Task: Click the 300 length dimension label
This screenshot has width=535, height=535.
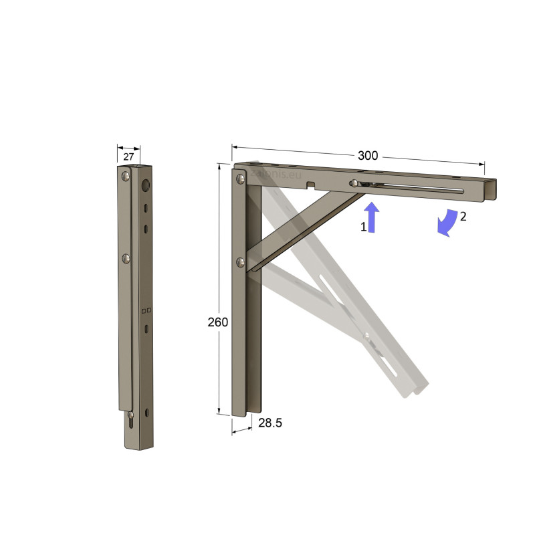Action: pos(368,156)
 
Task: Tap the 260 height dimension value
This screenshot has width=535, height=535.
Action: pos(217,322)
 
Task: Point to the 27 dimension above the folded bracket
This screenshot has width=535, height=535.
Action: pos(128,157)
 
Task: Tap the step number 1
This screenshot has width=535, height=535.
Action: pos(364,227)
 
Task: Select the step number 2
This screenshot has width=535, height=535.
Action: pos(463,216)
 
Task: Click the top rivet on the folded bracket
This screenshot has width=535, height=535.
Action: pos(125,177)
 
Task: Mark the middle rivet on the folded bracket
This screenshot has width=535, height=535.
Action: pos(125,257)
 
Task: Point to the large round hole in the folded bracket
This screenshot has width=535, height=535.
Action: pos(146,184)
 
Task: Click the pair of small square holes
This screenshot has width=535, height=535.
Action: pos(147,310)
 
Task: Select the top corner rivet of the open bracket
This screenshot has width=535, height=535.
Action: pos(239,179)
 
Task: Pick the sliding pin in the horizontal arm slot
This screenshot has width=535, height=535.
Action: pos(352,183)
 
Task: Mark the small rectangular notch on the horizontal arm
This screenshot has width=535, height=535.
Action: pos(310,183)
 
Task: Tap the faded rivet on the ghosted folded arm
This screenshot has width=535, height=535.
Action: pos(366,334)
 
